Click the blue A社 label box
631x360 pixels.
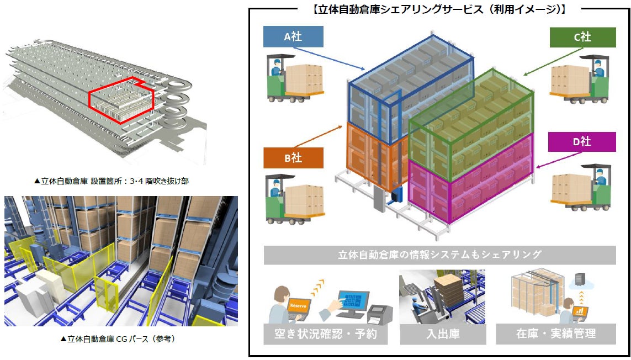coord(293,37)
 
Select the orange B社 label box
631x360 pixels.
coord(293,157)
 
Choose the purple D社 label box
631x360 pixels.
coord(582,142)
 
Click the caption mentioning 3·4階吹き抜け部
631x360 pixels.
coord(111,181)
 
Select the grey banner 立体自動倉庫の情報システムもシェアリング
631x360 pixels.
coord(439,255)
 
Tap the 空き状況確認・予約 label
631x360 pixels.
coord(323,334)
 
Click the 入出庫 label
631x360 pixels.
coord(439,334)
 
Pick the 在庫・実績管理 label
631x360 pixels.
coord(556,334)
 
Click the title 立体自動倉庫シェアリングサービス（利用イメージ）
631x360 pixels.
coord(439,9)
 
